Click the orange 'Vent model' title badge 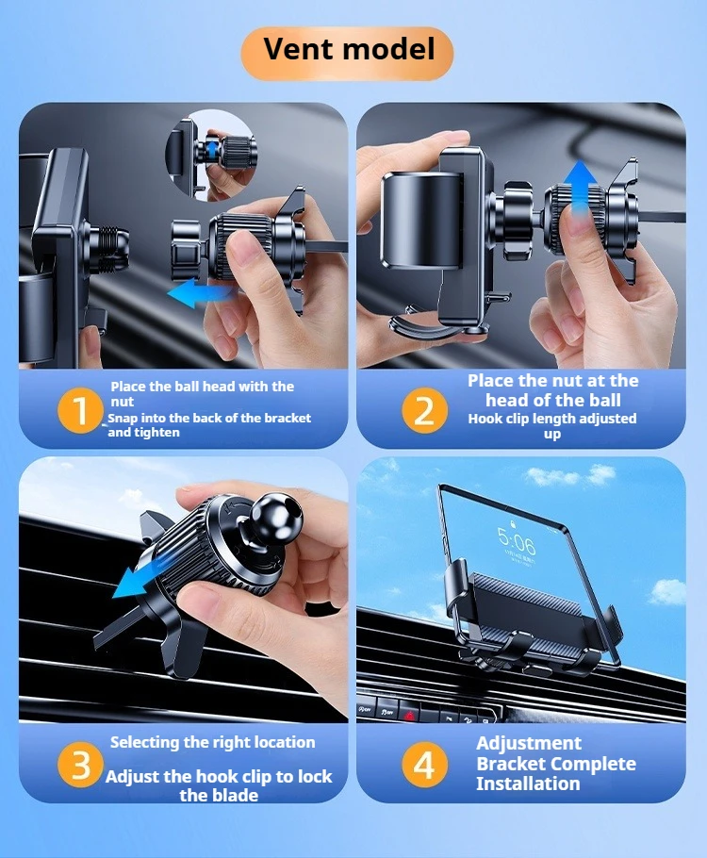348,53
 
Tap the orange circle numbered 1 80,410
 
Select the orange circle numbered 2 424,410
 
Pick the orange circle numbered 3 80,765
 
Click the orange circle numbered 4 424,765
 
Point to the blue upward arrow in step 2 580,187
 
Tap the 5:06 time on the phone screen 517,541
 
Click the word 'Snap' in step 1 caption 122,418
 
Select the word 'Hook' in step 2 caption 484,419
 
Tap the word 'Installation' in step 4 528,784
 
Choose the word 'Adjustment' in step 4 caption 529,743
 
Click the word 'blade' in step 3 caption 236,795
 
